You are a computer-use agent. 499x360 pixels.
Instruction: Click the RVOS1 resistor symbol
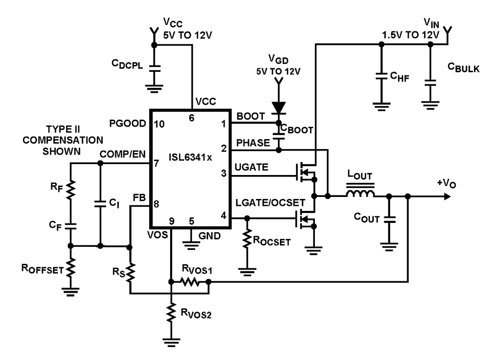pos(190,283)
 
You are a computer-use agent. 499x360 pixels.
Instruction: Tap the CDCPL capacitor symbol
pos(154,69)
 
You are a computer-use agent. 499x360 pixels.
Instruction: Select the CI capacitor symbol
pos(100,204)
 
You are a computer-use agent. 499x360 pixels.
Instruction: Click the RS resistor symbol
pos(130,273)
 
